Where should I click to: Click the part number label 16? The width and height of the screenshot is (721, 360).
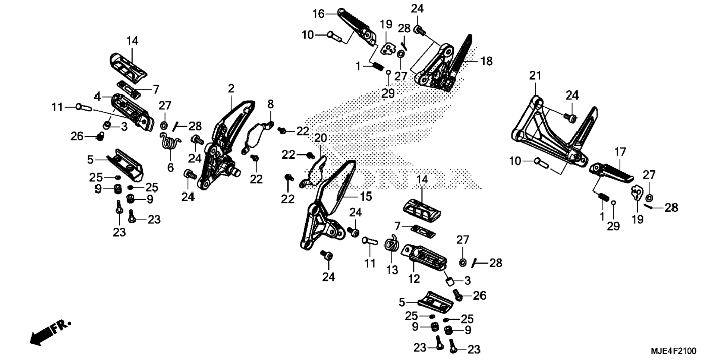[318, 14]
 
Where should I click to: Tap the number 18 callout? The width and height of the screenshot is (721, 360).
[487, 61]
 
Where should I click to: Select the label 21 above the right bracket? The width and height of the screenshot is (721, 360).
[535, 76]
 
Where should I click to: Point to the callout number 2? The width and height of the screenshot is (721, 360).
[231, 89]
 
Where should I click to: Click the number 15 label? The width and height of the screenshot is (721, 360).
[366, 196]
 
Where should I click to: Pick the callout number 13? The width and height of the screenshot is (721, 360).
[392, 269]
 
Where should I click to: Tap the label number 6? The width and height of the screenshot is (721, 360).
[170, 168]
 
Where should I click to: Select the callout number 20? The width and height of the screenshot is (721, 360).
[321, 138]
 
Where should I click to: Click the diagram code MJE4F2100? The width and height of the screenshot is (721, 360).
[673, 351]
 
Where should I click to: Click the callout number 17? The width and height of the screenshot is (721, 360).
[620, 152]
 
